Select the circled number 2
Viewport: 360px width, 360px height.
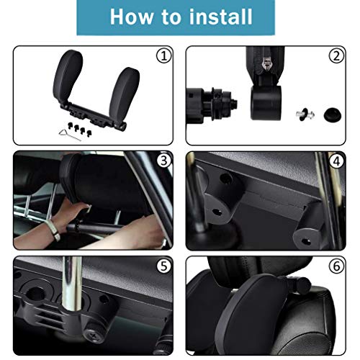coord(336,55)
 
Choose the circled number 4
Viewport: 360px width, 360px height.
coord(336,160)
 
